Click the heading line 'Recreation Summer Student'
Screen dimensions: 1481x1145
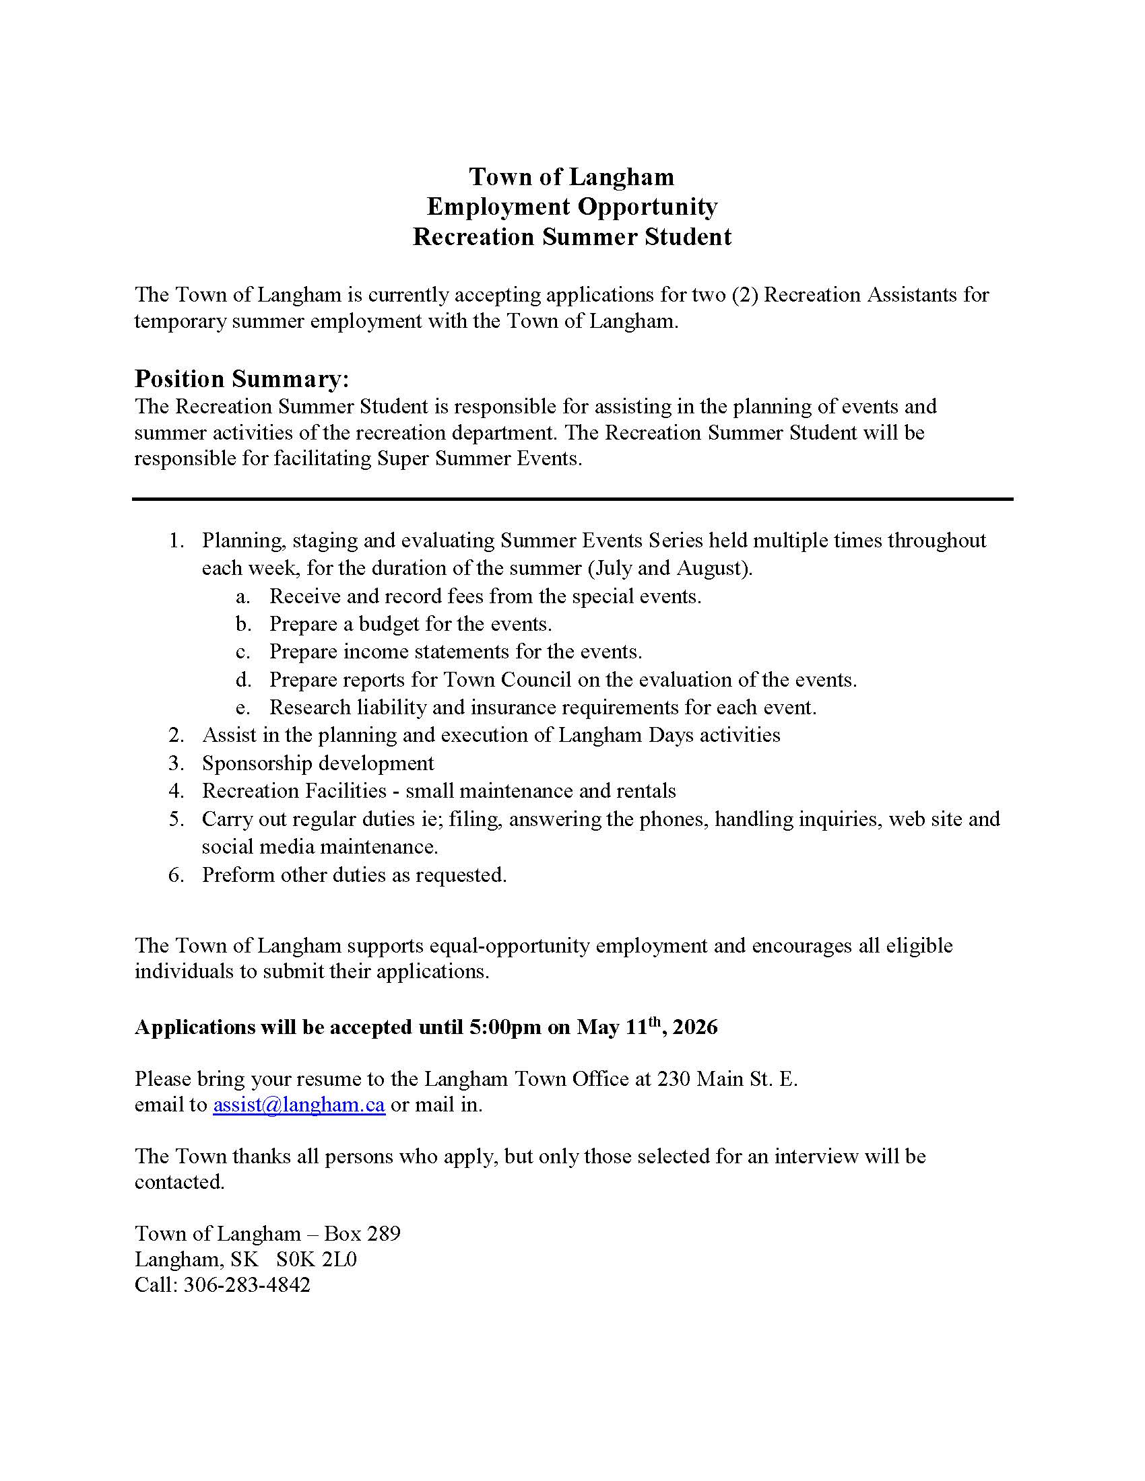pyautogui.click(x=572, y=237)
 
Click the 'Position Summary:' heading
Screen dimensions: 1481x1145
pyautogui.click(x=242, y=378)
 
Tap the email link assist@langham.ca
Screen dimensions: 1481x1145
pyautogui.click(x=298, y=1105)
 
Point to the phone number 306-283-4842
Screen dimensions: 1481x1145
pyautogui.click(x=247, y=1284)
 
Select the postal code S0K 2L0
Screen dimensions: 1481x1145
pyautogui.click(x=316, y=1259)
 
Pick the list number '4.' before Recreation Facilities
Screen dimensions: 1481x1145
pyautogui.click(x=176, y=791)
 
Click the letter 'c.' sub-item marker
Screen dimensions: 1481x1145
pyautogui.click(x=244, y=652)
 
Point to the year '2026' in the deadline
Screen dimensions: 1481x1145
pyautogui.click(x=694, y=1027)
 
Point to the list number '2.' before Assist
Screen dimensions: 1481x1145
pyautogui.click(x=176, y=735)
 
